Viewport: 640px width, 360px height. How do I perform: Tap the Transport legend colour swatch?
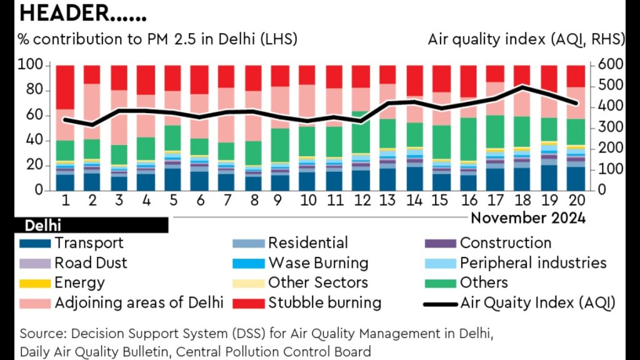[x=36, y=243]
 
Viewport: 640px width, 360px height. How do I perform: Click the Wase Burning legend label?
[x=318, y=263]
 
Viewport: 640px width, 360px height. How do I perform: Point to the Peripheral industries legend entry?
[x=533, y=263]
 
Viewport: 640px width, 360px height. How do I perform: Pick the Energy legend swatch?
[x=36, y=283]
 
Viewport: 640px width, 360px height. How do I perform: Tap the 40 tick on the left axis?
[x=34, y=141]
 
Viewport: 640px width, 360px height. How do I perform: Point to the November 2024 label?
[x=528, y=218]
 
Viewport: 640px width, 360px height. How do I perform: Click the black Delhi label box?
[x=91, y=225]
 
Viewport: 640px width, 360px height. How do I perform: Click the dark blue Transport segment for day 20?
[x=576, y=178]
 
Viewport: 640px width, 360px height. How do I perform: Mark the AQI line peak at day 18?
[x=522, y=87]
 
